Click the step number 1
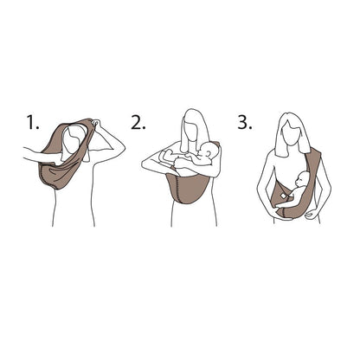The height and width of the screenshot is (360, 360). [x=33, y=122]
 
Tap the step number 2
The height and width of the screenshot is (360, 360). [x=138, y=122]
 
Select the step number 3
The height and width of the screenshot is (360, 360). [x=245, y=122]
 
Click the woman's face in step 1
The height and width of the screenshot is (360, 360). [x=73, y=139]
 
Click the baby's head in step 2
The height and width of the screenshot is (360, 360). [x=209, y=153]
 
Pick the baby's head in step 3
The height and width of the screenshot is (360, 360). [x=302, y=179]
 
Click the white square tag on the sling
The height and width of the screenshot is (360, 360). [x=283, y=196]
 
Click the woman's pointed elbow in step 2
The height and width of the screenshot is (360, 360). [x=145, y=165]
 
